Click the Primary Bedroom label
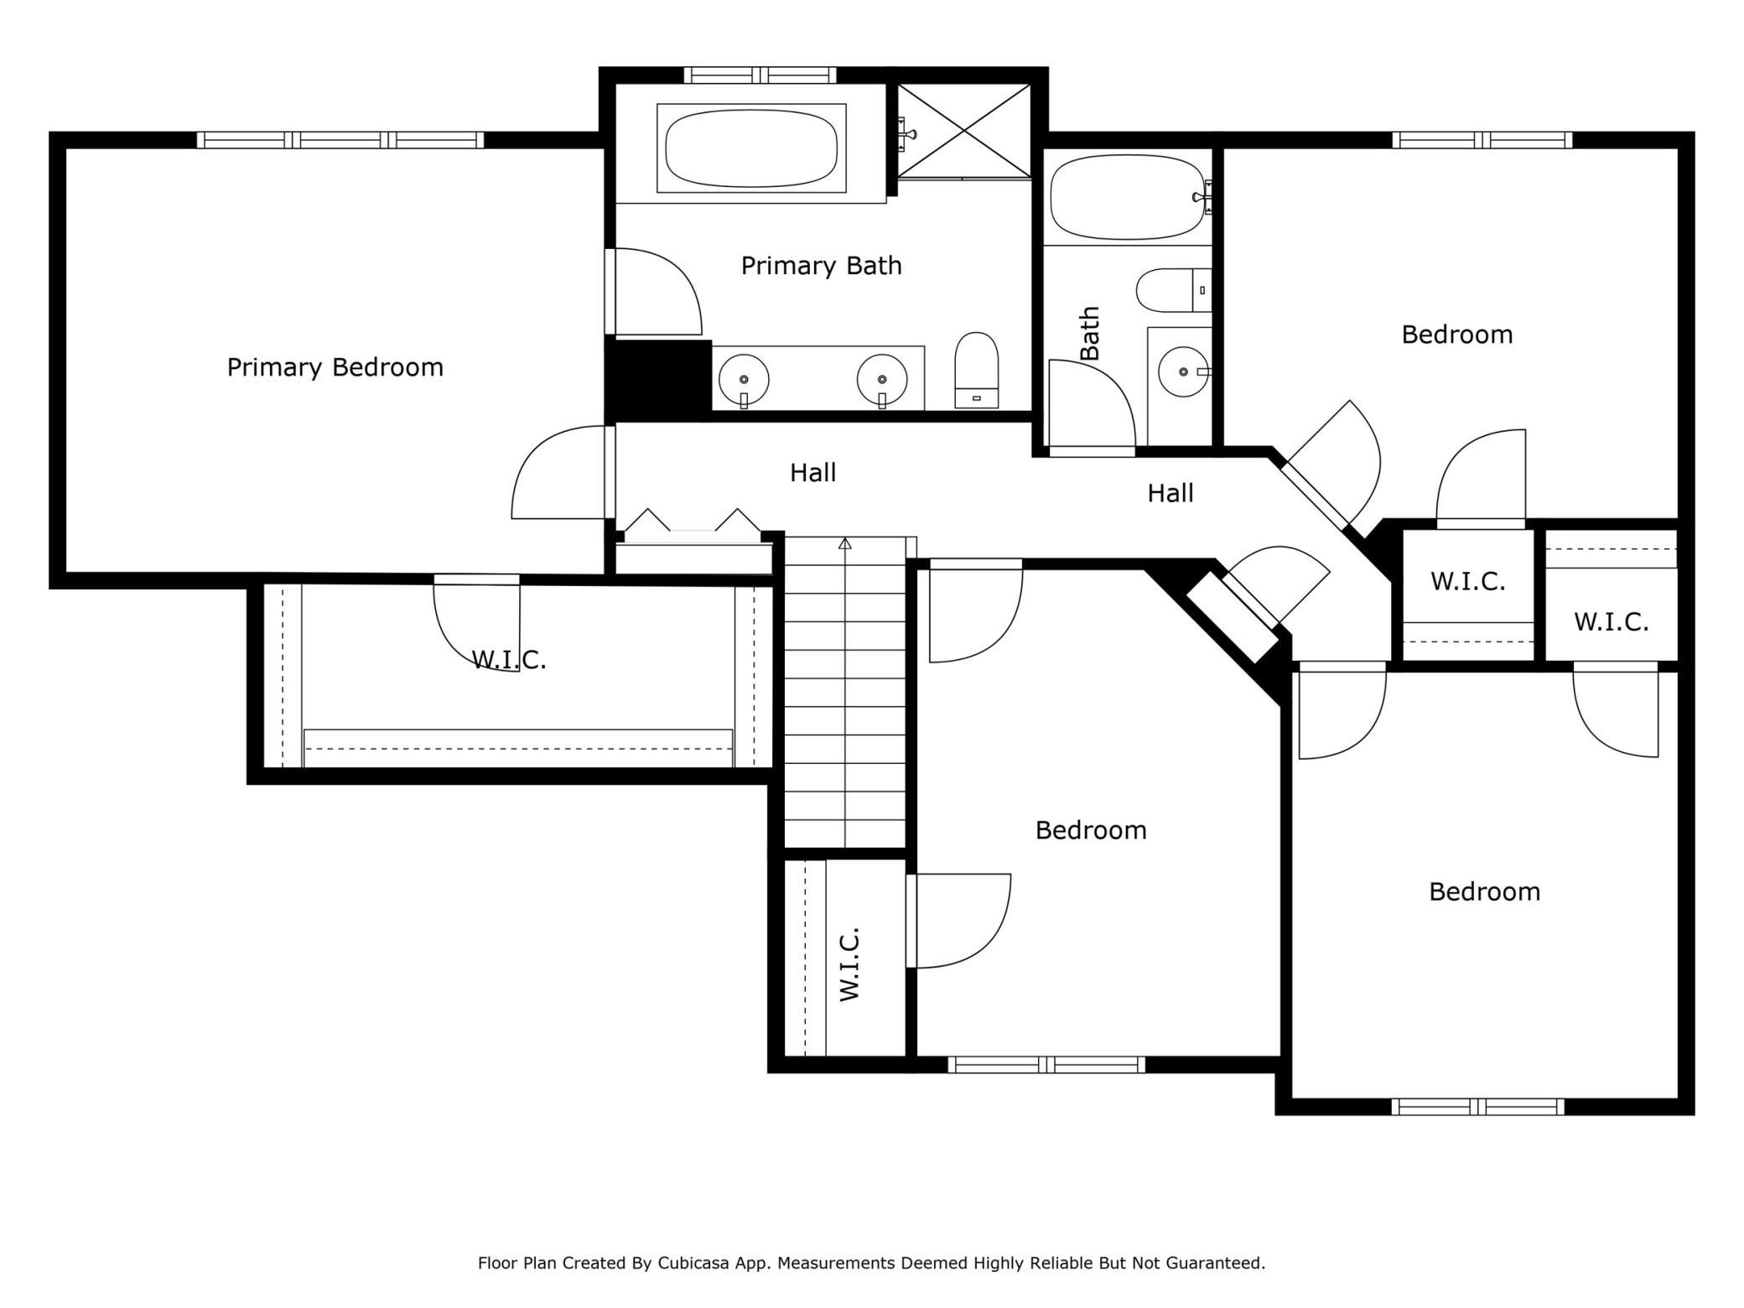[335, 367]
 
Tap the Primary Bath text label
[822, 266]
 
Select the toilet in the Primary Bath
[977, 371]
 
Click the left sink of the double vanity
[744, 379]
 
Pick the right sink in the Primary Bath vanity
[882, 379]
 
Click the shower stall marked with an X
[964, 131]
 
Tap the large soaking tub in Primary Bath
[751, 148]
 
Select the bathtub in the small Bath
[1129, 196]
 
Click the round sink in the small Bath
[1184, 371]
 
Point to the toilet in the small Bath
[1174, 290]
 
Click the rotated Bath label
[1089, 333]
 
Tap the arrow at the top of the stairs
[845, 543]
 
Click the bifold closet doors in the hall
[693, 522]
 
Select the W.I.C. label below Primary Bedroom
[509, 660]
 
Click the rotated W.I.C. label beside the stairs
[849, 964]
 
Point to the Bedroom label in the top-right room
[1457, 335]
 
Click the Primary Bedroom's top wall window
[340, 140]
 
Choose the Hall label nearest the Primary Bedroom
[813, 473]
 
